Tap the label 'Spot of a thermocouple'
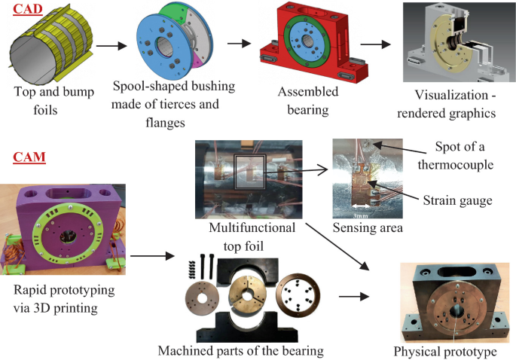point(463,154)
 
